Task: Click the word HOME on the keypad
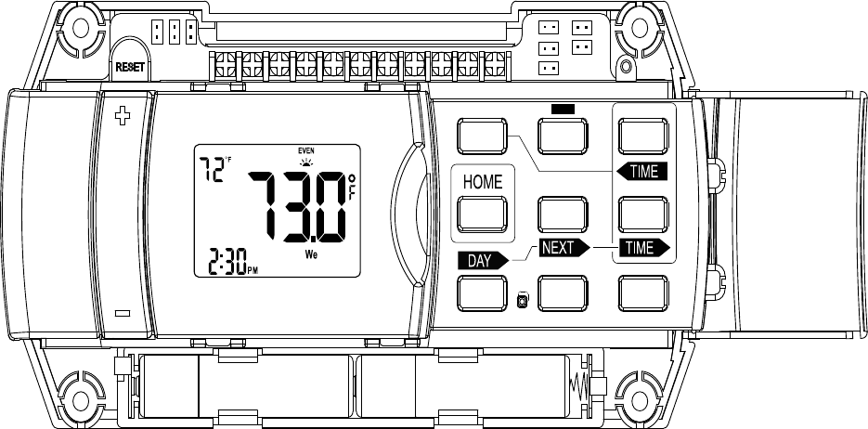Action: point(483,182)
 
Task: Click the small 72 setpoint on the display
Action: point(213,170)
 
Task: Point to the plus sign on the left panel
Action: point(121,116)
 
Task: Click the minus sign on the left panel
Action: point(122,313)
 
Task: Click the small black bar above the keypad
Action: point(563,108)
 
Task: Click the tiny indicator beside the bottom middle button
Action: point(522,300)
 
